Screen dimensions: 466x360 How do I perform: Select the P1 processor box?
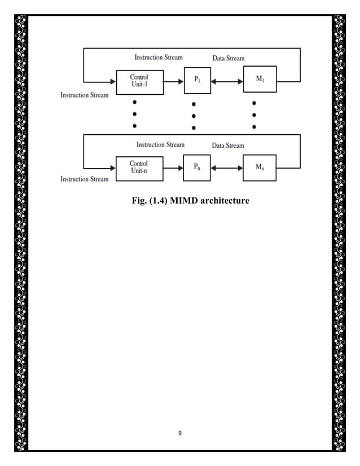pyautogui.click(x=197, y=81)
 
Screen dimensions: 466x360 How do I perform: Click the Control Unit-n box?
pyautogui.click(x=139, y=168)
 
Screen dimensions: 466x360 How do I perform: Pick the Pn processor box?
pyautogui.click(x=197, y=168)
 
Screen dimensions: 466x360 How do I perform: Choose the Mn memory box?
pyautogui.click(x=260, y=168)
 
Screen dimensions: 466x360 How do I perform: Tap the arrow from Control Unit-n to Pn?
pyautogui.click(x=174, y=168)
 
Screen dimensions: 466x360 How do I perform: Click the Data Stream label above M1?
pyautogui.click(x=228, y=58)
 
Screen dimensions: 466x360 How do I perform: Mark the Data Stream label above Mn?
pyautogui.click(x=228, y=146)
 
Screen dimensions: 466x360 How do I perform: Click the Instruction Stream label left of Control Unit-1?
pyautogui.click(x=85, y=95)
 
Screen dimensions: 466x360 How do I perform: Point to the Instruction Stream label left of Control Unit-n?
pyautogui.click(x=85, y=179)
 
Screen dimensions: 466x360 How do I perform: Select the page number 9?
pyautogui.click(x=180, y=433)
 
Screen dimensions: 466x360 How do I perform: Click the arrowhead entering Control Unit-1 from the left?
pyautogui.click(x=112, y=82)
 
